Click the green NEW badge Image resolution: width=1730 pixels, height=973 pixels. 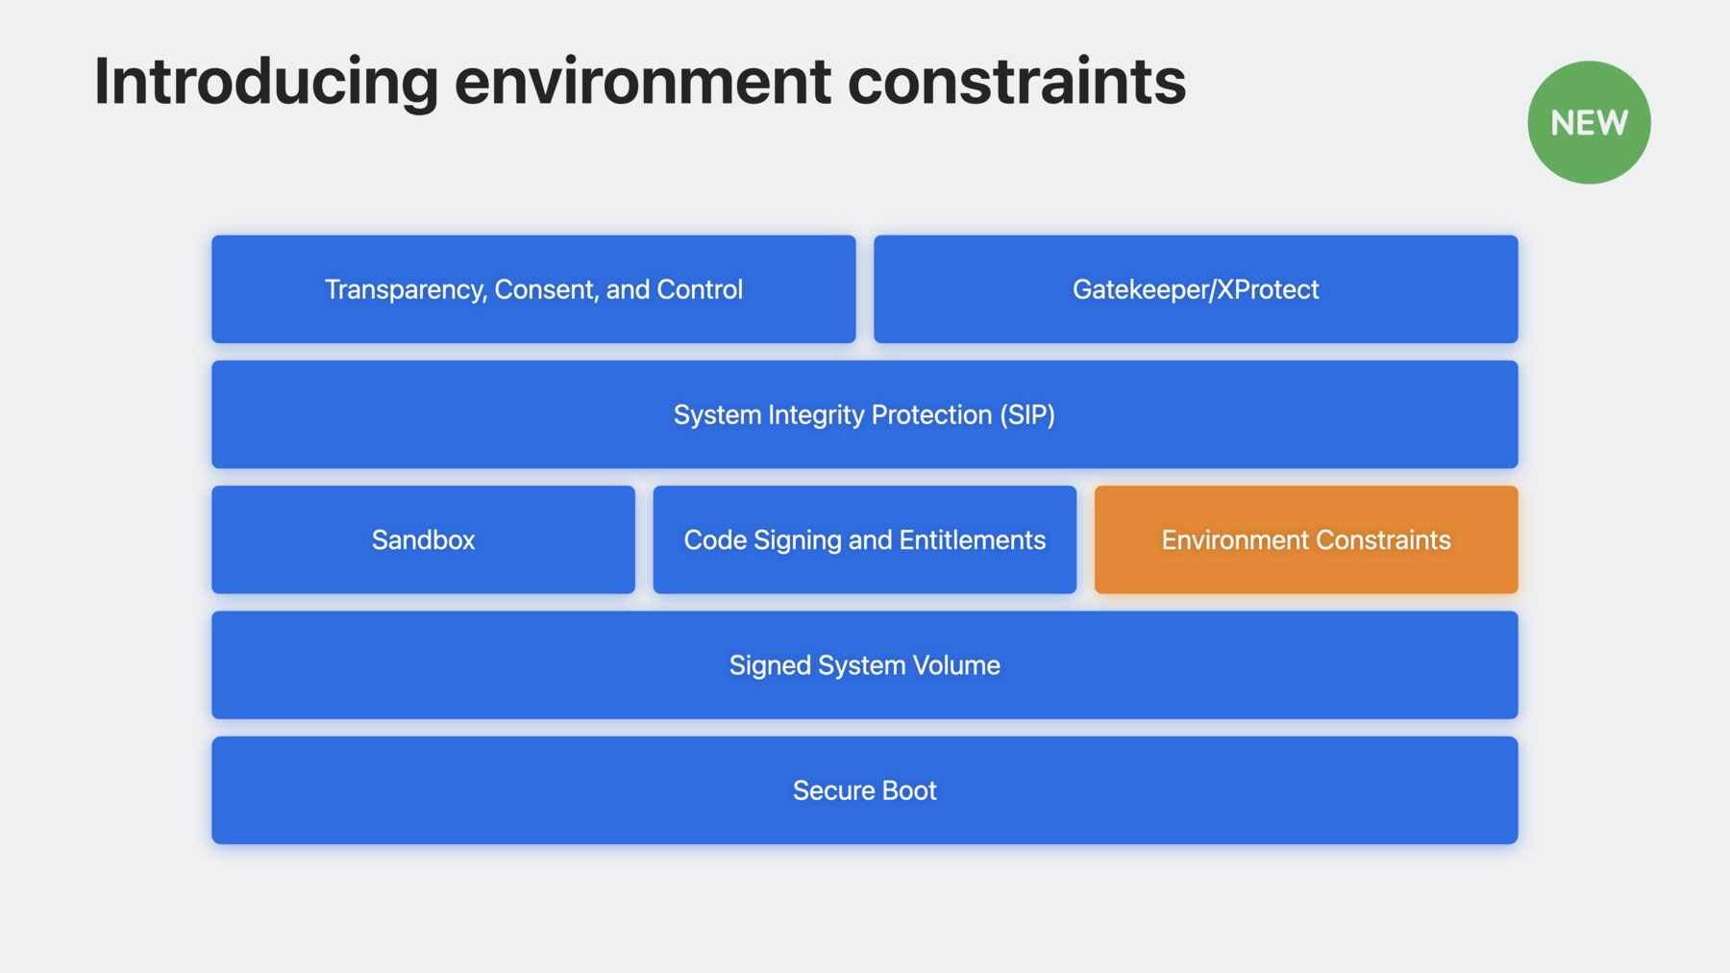1589,123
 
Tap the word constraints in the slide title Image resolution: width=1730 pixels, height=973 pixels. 1017,82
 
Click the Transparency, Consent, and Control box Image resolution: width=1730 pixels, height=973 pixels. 533,289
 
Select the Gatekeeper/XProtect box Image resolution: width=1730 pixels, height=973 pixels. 1196,289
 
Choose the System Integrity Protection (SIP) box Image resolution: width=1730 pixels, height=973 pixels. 865,414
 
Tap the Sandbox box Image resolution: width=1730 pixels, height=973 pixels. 423,539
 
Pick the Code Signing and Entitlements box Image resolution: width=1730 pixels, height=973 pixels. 865,539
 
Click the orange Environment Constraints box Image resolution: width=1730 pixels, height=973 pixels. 1306,539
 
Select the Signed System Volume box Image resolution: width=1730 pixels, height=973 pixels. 865,665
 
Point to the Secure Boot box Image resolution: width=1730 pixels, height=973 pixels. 865,790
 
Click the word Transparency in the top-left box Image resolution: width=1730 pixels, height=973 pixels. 406,290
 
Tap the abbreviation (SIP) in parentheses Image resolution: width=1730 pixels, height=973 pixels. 1027,415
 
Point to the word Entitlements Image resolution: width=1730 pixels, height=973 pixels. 973,540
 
